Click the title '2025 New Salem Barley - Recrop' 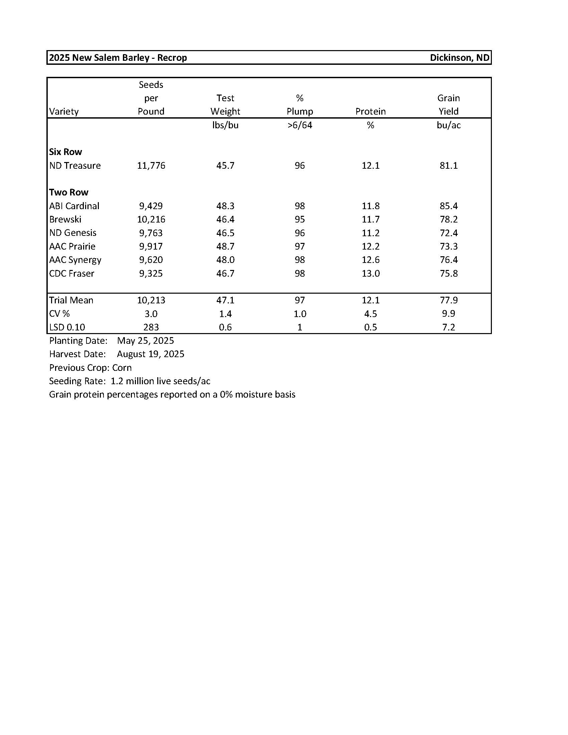[118, 57]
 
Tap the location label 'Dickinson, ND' [459, 57]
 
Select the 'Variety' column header [64, 111]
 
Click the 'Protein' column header [370, 111]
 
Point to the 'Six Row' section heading [65, 152]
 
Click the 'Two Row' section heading [68, 192]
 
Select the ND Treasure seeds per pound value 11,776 [151, 166]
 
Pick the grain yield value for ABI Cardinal [448, 206]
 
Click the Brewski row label [65, 219]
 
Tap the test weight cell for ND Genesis [225, 233]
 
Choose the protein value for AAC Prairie [370, 246]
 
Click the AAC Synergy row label [75, 260]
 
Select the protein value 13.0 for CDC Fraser [370, 273]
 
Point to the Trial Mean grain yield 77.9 [448, 300]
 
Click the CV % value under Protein [370, 314]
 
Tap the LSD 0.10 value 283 [151, 327]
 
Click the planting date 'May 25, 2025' [145, 340]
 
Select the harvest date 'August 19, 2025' [150, 354]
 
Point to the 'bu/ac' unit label [448, 125]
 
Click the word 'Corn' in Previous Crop [122, 367]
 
